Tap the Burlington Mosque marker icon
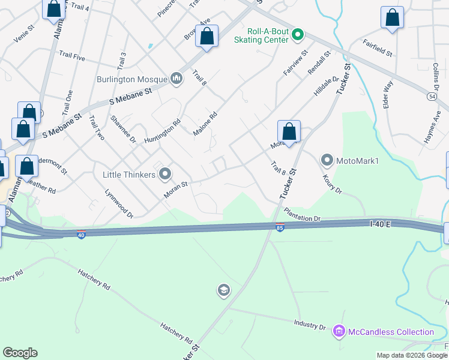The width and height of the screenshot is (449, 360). click(176, 79)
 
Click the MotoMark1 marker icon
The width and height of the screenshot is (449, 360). click(327, 160)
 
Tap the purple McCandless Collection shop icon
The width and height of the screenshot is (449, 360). click(339, 331)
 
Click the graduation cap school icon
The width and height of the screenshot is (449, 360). click(224, 291)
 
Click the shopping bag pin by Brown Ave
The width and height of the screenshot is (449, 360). click(207, 37)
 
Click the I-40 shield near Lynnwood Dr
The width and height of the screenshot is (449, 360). click(81, 234)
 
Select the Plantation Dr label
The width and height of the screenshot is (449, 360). click(303, 215)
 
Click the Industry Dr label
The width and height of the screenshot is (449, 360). click(309, 326)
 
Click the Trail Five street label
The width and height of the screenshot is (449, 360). click(71, 56)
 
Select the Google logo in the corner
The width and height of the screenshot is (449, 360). click(20, 353)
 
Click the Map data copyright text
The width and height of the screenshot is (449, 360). click(411, 355)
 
